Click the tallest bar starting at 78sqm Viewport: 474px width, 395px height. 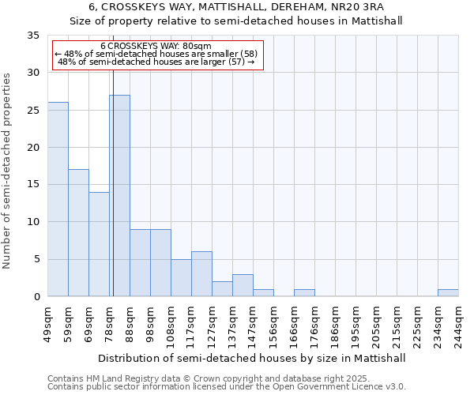[119, 196]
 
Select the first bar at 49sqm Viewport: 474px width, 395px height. [58, 199]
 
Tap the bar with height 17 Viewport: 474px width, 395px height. [78, 233]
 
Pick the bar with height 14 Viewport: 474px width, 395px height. [99, 244]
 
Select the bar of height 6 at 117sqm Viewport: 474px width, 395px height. [201, 274]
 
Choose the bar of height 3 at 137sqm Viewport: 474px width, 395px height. [243, 285]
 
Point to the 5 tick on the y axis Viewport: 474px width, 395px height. [36, 260]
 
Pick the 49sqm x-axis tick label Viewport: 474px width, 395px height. [47, 323]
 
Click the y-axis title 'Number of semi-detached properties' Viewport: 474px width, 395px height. [8, 171]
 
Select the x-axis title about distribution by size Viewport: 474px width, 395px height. [253, 358]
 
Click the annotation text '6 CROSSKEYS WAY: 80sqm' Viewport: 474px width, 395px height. [156, 47]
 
